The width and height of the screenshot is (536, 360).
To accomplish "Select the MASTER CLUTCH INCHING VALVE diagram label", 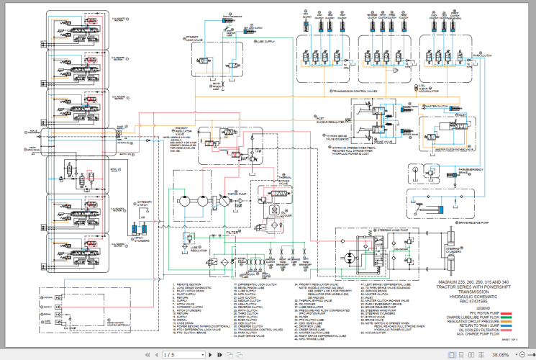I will [455, 150].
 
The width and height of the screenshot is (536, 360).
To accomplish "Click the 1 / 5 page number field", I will [169, 354].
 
